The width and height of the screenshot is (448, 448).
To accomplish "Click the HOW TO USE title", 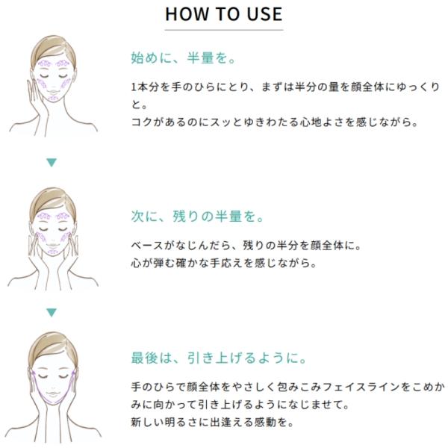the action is tap(224, 14).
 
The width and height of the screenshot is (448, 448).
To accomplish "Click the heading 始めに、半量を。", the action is tap(183, 57).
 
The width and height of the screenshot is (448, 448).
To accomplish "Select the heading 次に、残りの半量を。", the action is tap(197, 216).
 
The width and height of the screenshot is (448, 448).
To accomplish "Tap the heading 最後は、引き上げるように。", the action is tap(219, 358).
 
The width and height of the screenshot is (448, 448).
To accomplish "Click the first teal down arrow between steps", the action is tap(52, 162).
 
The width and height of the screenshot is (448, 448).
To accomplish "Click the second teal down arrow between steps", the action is tap(52, 313).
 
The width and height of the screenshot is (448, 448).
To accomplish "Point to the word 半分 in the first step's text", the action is tap(305, 87).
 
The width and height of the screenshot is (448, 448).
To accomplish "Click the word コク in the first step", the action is tap(142, 122).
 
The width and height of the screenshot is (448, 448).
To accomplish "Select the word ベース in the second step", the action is tap(147, 246).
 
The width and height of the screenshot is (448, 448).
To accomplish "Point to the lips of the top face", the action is tap(53, 93).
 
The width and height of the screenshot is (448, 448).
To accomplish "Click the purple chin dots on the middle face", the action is tap(53, 252).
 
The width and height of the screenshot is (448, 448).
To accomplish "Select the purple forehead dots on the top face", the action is tap(54, 63).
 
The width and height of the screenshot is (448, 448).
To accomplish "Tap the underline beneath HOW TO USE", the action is tap(224, 30).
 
